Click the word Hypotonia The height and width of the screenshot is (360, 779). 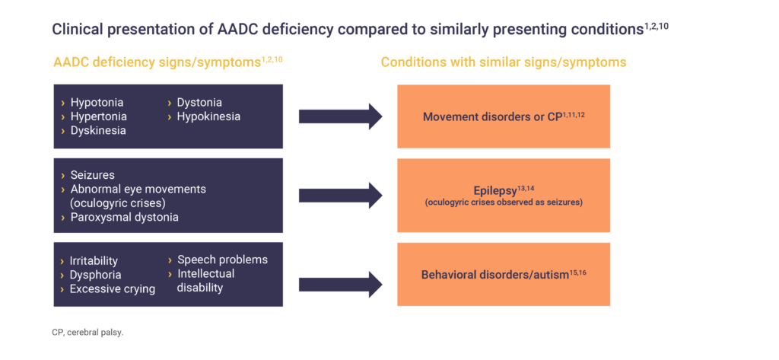97,102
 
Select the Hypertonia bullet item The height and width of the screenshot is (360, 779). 98,116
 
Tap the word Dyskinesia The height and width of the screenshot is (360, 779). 98,130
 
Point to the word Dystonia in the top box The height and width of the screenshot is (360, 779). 199,102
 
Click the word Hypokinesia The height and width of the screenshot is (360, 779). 208,116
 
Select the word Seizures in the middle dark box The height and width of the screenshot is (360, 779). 93,175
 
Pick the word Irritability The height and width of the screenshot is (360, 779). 94,261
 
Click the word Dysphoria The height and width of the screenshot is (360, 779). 96,275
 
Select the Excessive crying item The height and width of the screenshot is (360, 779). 112,288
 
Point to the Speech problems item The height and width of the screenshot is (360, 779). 222,260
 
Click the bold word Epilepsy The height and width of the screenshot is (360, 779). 493,189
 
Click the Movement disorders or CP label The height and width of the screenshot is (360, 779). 491,117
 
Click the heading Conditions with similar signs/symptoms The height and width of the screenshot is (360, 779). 504,62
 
